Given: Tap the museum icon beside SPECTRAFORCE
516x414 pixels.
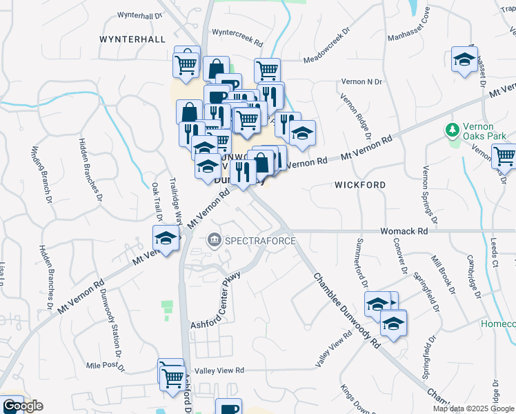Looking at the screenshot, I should coord(215,240).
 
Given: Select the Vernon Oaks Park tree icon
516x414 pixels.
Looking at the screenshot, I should coord(453,130).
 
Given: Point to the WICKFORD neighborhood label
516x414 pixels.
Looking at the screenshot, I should coord(359,185).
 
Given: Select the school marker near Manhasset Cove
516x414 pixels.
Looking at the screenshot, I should coord(464,59).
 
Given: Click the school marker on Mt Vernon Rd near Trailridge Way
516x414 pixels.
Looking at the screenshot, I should coord(166,239).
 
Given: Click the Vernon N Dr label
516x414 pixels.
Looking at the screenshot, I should coord(361,81).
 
